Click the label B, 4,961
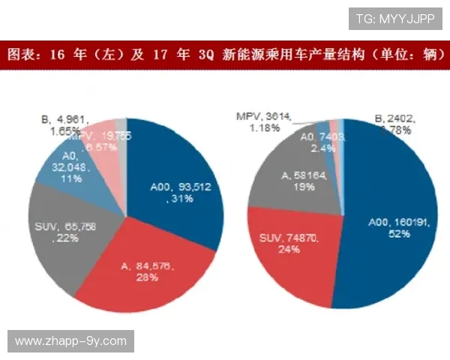point(66,118)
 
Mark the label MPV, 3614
point(262,116)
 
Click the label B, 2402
point(394,118)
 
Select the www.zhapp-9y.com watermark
point(71,341)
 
